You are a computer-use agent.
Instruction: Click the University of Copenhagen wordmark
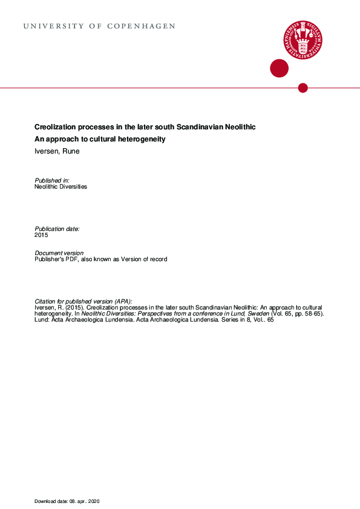99,27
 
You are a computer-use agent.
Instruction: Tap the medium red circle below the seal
279,68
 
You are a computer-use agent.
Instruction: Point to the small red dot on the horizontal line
303,88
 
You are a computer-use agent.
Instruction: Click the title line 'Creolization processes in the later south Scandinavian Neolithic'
145,128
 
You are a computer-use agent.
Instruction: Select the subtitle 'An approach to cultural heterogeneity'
100,140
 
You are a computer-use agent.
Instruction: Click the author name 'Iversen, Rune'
57,151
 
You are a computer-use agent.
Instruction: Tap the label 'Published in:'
52,180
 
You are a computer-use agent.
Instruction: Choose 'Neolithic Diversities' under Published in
61,187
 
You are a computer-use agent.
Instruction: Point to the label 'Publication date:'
57,229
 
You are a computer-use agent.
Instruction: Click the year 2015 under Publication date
41,235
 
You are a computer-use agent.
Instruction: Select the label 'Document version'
59,253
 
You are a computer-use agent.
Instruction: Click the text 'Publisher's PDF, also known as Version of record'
101,259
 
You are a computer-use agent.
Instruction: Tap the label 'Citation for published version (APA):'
83,301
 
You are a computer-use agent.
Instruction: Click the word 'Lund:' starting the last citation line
42,320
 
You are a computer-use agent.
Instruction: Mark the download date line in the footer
71,502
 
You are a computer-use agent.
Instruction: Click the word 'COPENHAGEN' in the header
141,27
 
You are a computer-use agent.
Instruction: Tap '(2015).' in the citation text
76,308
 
